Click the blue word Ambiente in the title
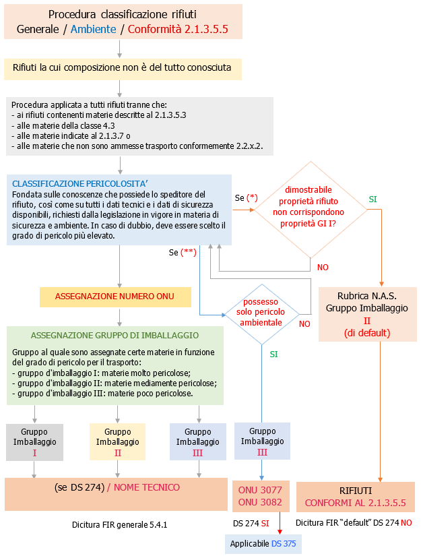click(x=92, y=29)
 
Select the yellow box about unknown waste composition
click(x=122, y=68)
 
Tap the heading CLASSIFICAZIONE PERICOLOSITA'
click(x=79, y=183)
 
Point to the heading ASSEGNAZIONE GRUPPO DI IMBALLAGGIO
click(x=115, y=335)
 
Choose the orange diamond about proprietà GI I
click(x=311, y=210)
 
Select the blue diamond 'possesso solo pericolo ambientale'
click(x=261, y=315)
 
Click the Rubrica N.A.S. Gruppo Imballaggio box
click(x=367, y=314)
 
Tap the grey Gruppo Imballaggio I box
click(x=34, y=442)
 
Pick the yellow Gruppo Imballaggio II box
click(x=117, y=442)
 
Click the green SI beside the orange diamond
click(x=373, y=199)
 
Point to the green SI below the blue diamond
click(x=273, y=354)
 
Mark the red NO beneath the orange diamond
click(x=323, y=268)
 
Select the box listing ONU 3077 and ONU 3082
click(x=260, y=497)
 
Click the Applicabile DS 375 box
click(x=262, y=543)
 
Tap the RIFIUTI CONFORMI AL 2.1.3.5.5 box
click(x=355, y=497)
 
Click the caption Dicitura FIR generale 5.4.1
click(x=119, y=523)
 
